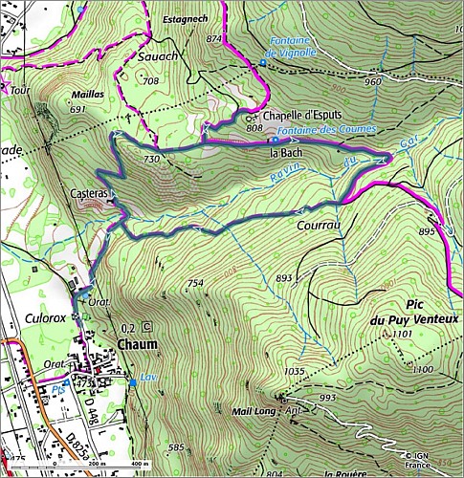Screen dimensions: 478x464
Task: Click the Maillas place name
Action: tap(89, 96)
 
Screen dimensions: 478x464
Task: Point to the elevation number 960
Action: tap(372, 82)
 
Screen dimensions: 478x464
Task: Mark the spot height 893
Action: tap(283, 278)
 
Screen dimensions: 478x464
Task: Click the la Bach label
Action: tap(285, 152)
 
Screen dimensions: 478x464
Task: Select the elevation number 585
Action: tap(174, 446)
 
